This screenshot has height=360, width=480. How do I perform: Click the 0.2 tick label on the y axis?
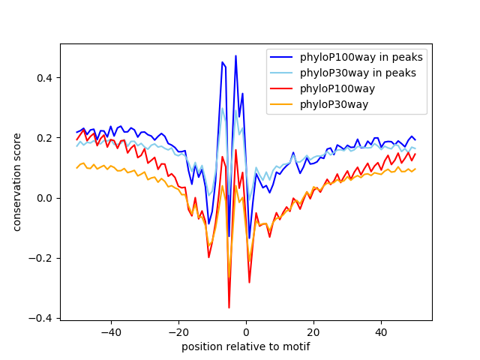pos(46,138)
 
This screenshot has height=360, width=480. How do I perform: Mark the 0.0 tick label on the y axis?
pos(46,198)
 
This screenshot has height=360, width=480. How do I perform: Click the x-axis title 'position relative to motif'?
pos(246,347)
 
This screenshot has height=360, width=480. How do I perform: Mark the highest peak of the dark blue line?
pos(235,56)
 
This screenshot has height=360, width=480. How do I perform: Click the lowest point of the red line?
pos(229,307)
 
